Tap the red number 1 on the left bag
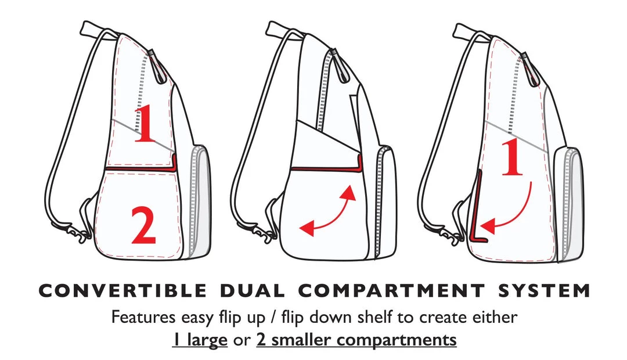[145, 124]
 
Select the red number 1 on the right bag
[512, 157]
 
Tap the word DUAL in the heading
[253, 291]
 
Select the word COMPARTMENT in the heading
[391, 291]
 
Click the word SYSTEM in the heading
[544, 291]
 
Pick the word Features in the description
[143, 317]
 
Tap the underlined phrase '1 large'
[200, 340]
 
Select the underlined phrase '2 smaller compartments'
[356, 340]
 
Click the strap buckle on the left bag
[76, 232]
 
